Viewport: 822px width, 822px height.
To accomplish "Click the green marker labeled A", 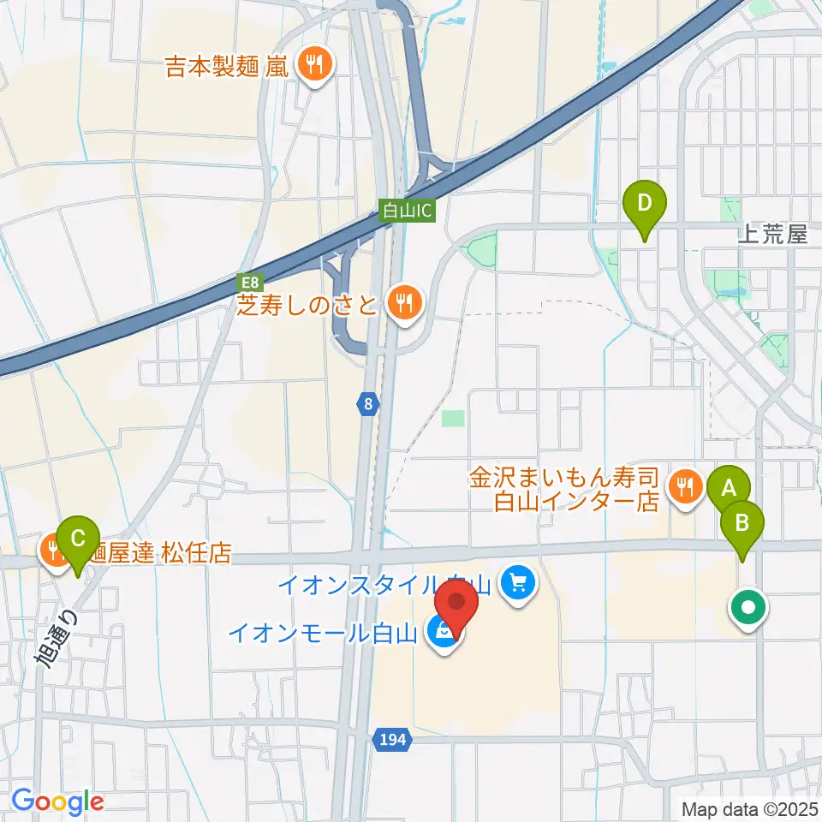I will [729, 488].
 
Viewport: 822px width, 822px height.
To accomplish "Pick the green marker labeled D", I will [645, 203].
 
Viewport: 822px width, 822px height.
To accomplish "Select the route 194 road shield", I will [394, 736].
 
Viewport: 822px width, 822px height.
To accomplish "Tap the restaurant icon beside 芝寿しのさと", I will [402, 302].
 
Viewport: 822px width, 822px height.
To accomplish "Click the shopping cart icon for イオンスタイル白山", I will [517, 584].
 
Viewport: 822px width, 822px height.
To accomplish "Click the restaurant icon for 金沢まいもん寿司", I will [684, 488].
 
